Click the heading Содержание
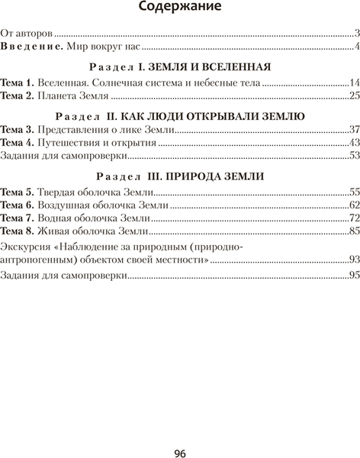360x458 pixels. [180, 8]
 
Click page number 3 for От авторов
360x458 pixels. [356, 33]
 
